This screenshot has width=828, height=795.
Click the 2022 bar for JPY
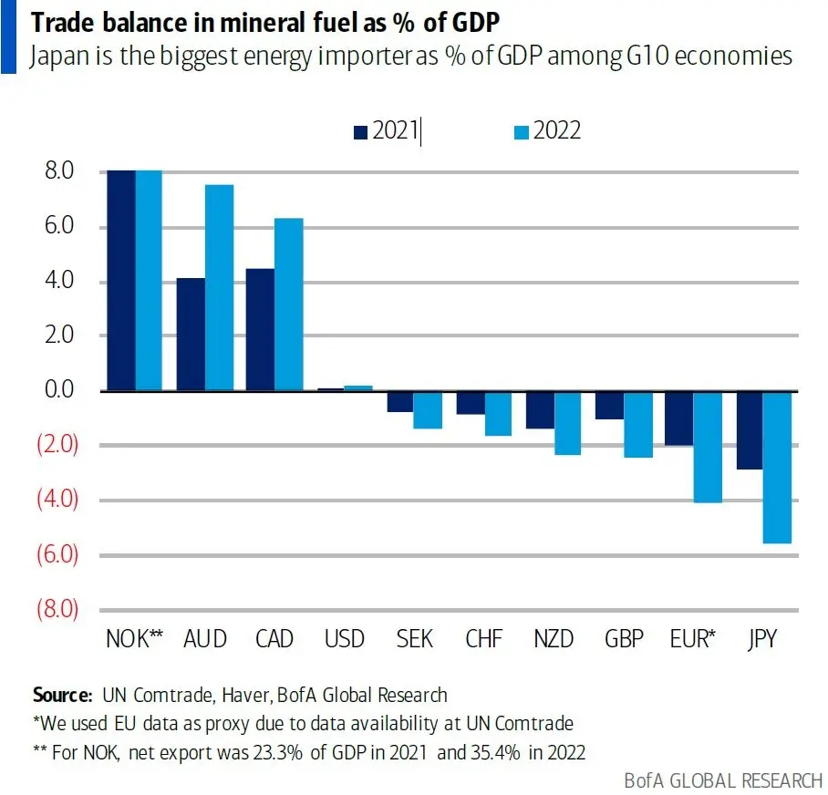click(x=776, y=467)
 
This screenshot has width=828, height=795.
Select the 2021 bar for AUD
click(x=191, y=334)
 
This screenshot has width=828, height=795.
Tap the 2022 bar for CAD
click(x=289, y=305)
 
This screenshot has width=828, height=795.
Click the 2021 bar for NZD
click(x=540, y=409)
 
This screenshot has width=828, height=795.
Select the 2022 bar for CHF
click(x=499, y=413)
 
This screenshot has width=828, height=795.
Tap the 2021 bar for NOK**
click(x=120, y=281)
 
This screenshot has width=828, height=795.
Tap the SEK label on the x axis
click(x=414, y=639)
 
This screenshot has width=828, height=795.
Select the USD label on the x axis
click(x=345, y=639)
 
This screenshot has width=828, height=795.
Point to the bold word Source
click(x=62, y=695)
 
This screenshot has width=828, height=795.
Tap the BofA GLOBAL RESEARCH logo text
click(x=723, y=781)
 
